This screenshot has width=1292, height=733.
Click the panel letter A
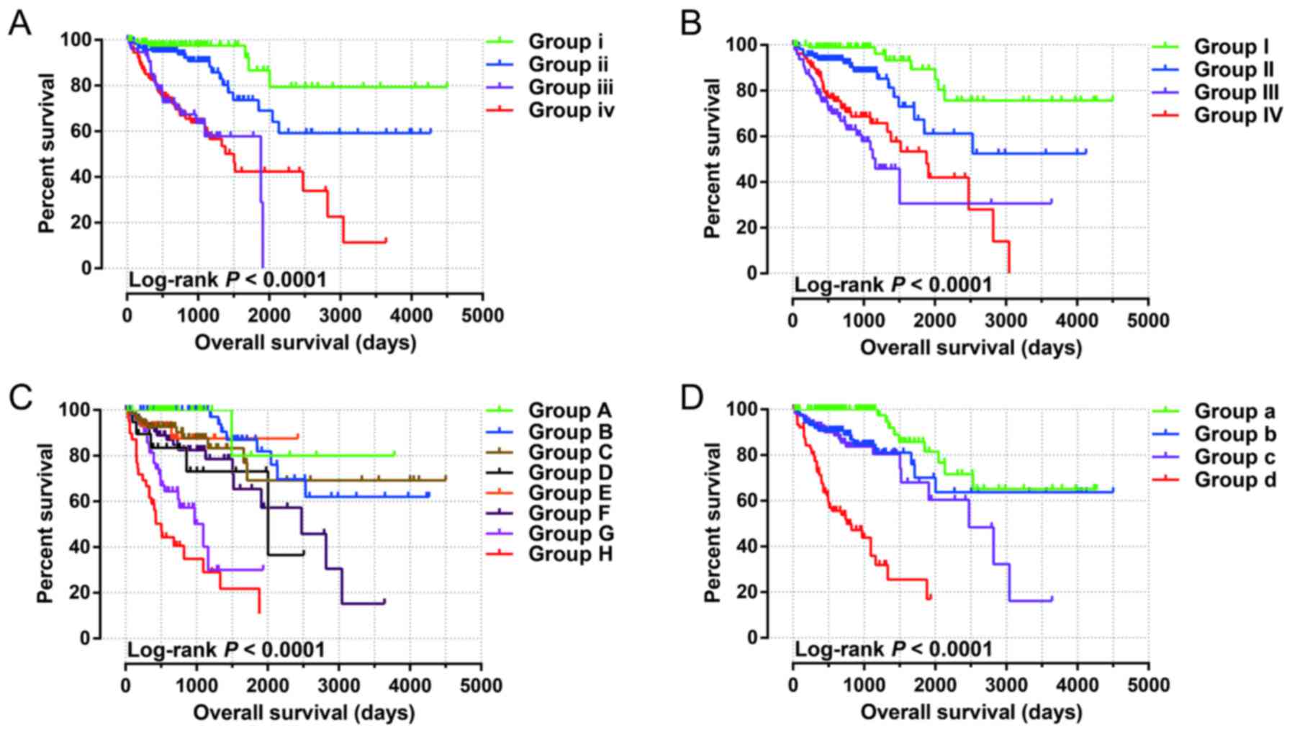(x=19, y=24)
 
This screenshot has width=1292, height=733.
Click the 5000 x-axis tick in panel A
(x=482, y=315)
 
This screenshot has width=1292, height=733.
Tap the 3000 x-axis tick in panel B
(x=1006, y=320)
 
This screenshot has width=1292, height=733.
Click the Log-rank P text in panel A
(x=227, y=279)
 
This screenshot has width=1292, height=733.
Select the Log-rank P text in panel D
(x=893, y=649)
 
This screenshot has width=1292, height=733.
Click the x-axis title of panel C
(x=304, y=713)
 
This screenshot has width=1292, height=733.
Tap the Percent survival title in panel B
(x=712, y=158)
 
